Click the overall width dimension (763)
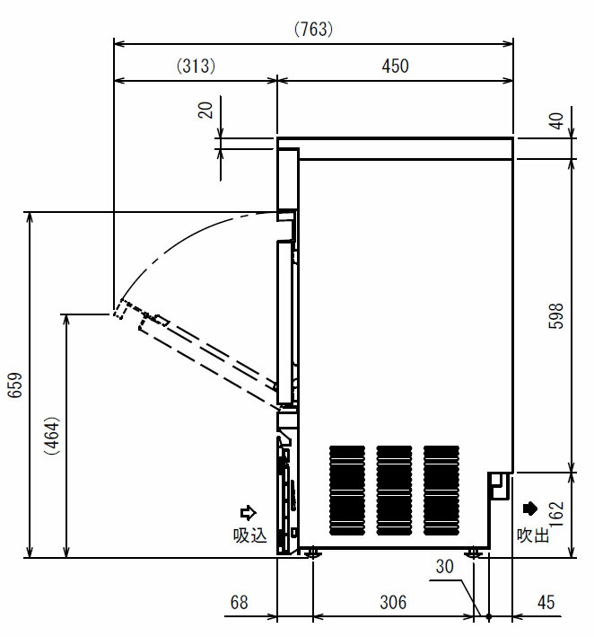point(313,30)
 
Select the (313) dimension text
point(196,66)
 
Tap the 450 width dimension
point(395,66)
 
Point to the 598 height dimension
point(555,315)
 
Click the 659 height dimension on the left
point(15,385)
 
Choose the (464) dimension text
point(53,436)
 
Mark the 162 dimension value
point(556,514)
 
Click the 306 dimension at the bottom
point(393,603)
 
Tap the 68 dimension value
point(239,603)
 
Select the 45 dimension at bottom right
point(546,603)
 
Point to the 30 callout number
point(444,567)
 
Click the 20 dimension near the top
point(205,111)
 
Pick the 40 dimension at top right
point(556,121)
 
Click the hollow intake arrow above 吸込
point(248,513)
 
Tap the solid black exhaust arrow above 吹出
point(530,509)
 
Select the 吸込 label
point(250,535)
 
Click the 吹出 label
point(533,535)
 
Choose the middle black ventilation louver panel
point(394,491)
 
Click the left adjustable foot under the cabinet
point(313,553)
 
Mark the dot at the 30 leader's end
point(488,616)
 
